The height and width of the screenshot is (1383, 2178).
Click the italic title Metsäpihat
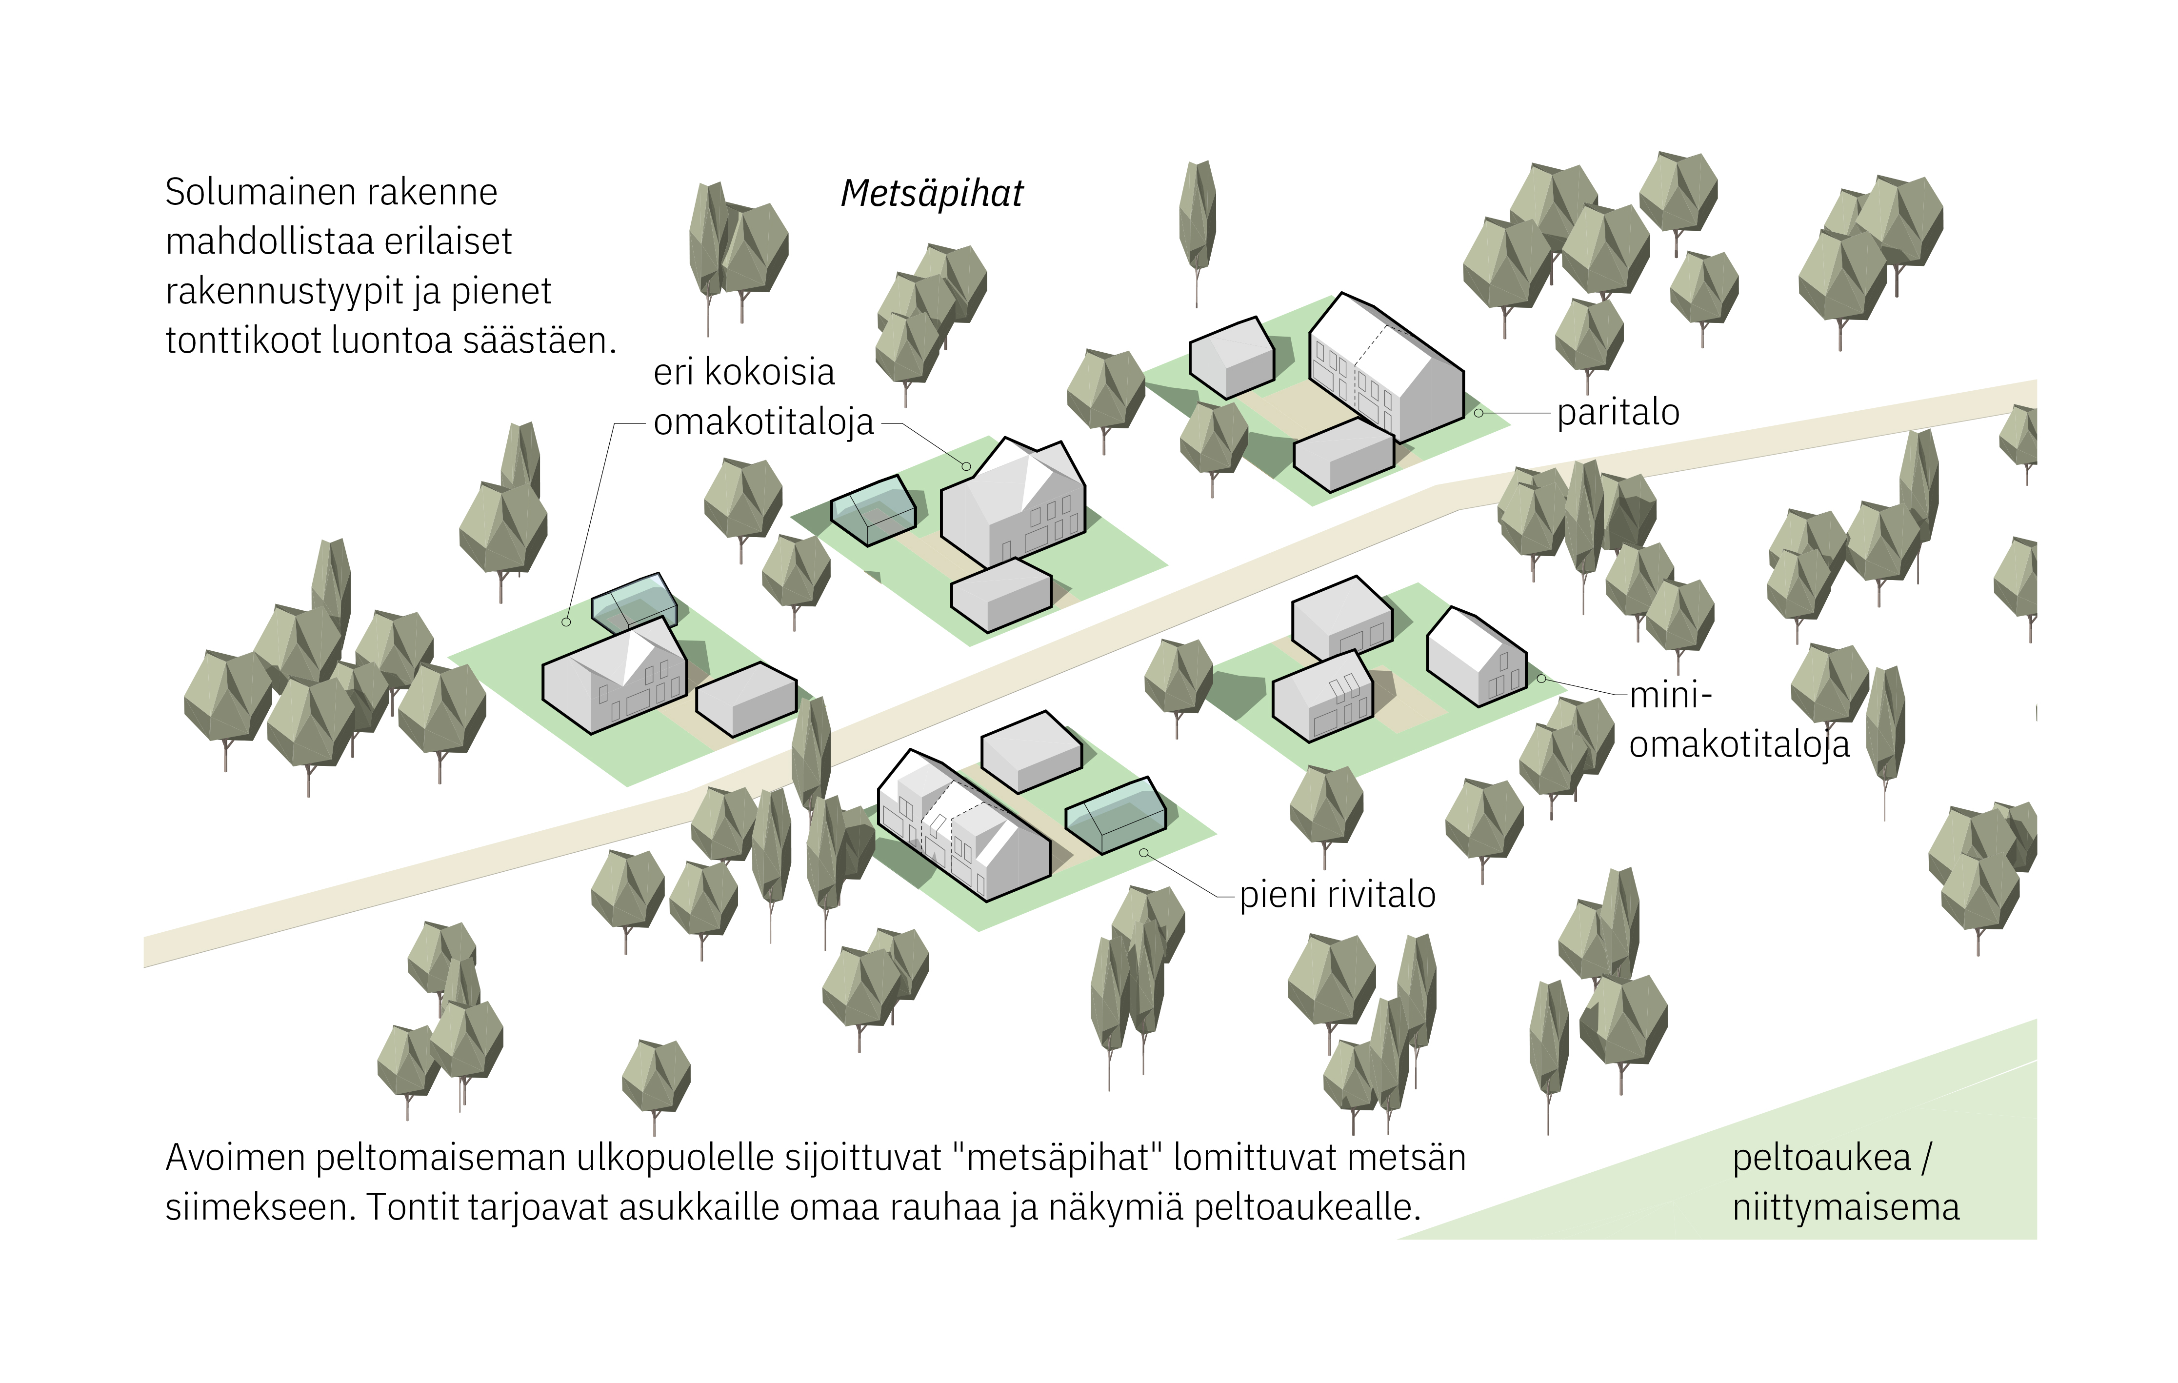932,194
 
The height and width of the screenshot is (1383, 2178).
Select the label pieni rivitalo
1337,895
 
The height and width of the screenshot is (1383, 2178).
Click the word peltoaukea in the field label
1821,1158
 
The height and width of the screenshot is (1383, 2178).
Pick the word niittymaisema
1845,1207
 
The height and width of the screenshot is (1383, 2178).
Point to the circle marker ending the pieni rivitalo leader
1144,852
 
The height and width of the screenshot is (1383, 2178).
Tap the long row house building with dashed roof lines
963,828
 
